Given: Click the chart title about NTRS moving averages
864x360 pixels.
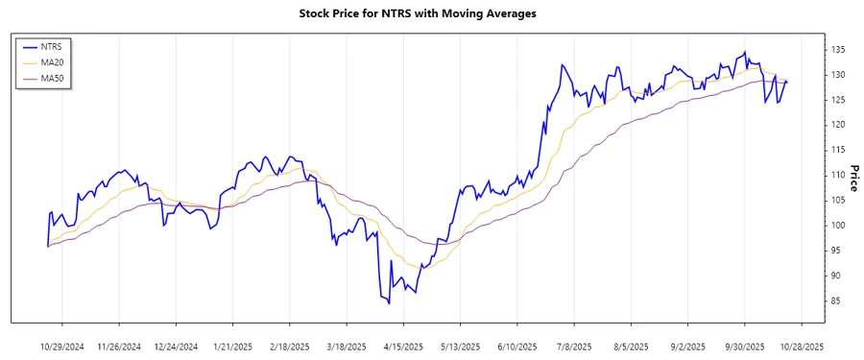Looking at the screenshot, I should (431, 14).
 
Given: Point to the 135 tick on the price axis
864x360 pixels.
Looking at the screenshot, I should (837, 49).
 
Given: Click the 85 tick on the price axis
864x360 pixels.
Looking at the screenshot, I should (837, 300).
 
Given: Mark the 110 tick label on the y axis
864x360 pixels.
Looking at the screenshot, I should (837, 175).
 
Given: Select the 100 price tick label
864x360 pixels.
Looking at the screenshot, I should (837, 225).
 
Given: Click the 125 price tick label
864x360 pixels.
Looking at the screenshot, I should (837, 100).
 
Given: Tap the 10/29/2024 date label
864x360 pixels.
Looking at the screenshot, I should (62, 345).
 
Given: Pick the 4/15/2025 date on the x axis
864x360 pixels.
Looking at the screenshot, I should (403, 345).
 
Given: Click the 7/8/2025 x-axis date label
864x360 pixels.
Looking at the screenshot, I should (573, 345).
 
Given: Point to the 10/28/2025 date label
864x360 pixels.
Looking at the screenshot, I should (800, 345).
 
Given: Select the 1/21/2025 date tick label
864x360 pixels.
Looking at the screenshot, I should (232, 345).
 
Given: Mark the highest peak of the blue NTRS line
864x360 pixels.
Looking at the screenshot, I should (745, 52).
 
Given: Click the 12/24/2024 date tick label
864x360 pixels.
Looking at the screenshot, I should (176, 345).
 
